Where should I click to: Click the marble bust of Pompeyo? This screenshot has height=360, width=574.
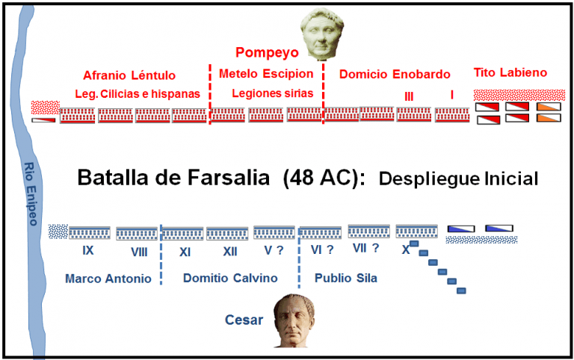pos(320,34)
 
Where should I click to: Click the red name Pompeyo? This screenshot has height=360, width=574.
pos(267,52)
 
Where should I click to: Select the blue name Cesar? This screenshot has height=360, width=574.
pos(244,320)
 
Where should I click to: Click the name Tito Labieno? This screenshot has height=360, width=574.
pos(510,72)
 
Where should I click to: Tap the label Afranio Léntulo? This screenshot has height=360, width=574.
pos(129,75)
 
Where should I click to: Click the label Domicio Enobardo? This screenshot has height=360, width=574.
pos(395,74)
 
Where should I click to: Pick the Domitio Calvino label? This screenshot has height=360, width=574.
pos(230,278)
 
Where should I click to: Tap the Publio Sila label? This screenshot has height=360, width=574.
pos(345,278)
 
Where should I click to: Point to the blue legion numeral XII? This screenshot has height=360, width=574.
pos(230,252)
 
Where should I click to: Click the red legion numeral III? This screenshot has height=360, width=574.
pos(409,96)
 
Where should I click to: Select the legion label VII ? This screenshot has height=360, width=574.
pos(365,248)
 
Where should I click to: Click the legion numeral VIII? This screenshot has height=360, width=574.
pos(138,252)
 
